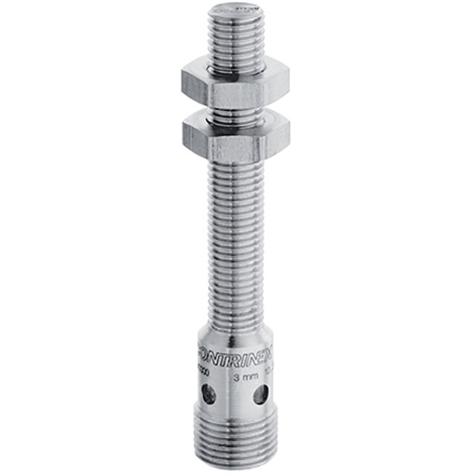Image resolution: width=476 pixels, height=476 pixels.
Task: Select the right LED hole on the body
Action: [x=260, y=394]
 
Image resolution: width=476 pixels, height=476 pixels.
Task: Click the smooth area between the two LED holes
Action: [x=234, y=396]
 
